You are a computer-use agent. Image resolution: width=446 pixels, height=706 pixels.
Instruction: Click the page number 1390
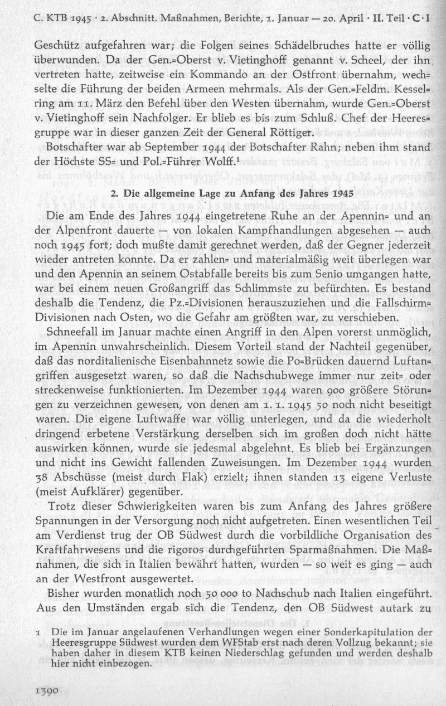tap(47, 690)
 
